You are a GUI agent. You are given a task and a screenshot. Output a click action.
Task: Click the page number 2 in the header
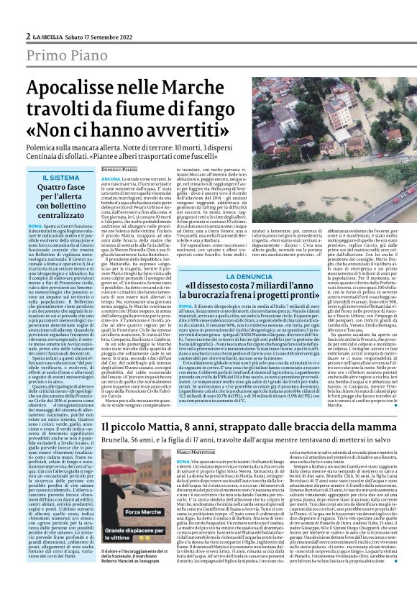point(27,36)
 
